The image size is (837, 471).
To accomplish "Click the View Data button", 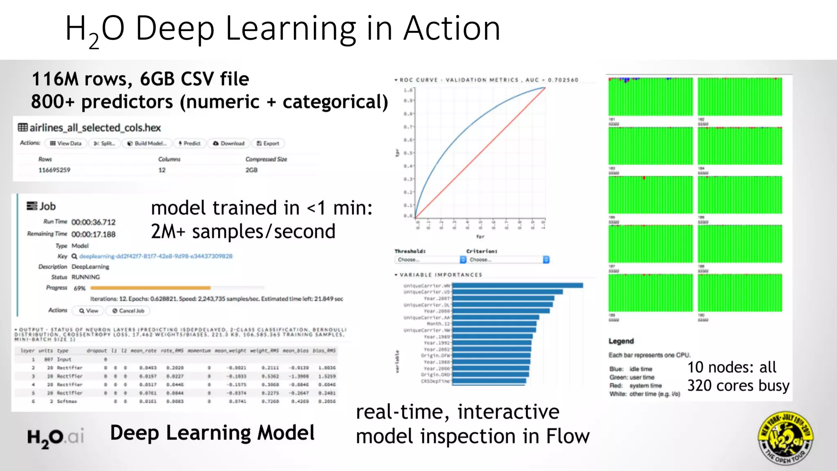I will tap(66, 144).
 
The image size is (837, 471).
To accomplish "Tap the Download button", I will tap(229, 144).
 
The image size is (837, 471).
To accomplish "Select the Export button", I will tap(268, 144).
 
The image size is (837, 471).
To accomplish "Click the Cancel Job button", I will tap(128, 311).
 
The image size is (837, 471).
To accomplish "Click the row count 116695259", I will tap(54, 170).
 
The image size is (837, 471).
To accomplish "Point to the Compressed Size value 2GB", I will tap(251, 170).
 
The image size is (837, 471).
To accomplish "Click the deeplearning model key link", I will tap(156, 256).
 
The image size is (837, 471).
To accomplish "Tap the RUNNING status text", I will tap(85, 277).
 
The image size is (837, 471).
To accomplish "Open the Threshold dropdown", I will tap(430, 260).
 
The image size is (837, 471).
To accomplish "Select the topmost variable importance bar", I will tap(517, 285).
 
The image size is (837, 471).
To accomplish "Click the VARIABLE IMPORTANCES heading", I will tap(441, 275).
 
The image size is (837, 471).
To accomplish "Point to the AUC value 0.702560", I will tap(563, 80).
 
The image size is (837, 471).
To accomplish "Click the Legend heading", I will tap(621, 341).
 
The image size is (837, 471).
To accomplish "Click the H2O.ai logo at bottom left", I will tap(56, 437).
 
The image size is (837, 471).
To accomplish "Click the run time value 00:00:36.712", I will tap(93, 222).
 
